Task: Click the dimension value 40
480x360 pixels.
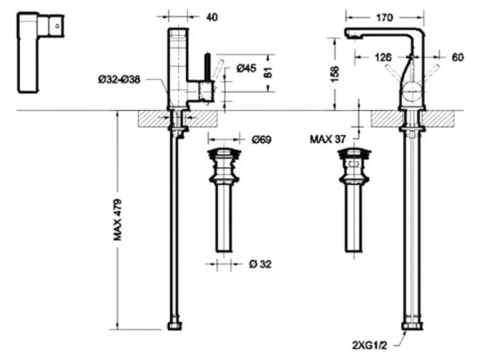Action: pos(212,17)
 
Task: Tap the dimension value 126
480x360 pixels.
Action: pos(383,57)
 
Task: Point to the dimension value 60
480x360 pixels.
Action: pos(458,57)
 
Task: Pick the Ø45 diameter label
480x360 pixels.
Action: pos(246,68)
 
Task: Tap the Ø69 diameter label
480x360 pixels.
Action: pos(261,140)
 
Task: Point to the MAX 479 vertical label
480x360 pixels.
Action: pos(118,219)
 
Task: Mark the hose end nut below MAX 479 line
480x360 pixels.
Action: pos(175,325)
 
